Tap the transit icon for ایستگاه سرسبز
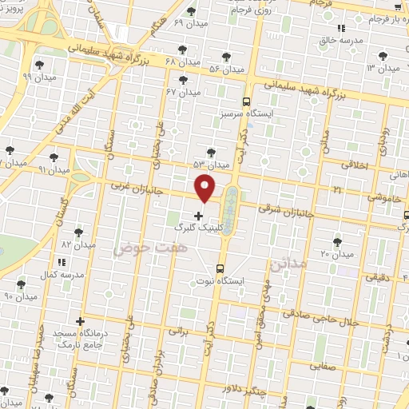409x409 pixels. pos(246,102)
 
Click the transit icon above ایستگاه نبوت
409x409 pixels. pos(220,269)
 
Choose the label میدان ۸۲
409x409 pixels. pos(78,244)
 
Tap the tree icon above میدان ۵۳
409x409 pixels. pos(211,151)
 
